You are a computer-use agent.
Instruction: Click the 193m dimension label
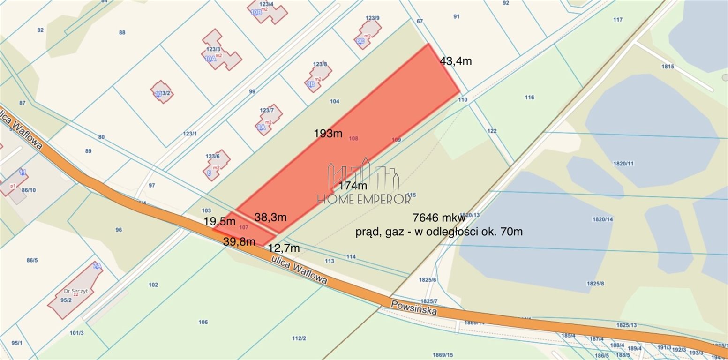click(x=328, y=134)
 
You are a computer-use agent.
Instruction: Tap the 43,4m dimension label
click(x=456, y=61)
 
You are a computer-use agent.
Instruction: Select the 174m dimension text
click(x=353, y=186)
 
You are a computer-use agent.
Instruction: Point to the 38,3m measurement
click(x=270, y=217)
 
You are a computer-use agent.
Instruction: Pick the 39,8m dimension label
click(x=239, y=241)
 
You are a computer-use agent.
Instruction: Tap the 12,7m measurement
click(x=283, y=248)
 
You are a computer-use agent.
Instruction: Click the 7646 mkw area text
click(x=439, y=217)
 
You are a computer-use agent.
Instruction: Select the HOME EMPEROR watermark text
click(x=364, y=199)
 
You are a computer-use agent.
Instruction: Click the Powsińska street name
click(x=414, y=308)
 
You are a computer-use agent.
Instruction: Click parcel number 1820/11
click(x=623, y=163)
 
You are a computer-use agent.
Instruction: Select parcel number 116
click(x=529, y=97)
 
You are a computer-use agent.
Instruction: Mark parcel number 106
click(x=203, y=322)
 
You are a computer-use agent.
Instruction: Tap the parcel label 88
click(x=122, y=32)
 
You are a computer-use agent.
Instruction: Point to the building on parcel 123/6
click(x=218, y=165)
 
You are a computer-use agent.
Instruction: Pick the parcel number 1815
click(x=668, y=67)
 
